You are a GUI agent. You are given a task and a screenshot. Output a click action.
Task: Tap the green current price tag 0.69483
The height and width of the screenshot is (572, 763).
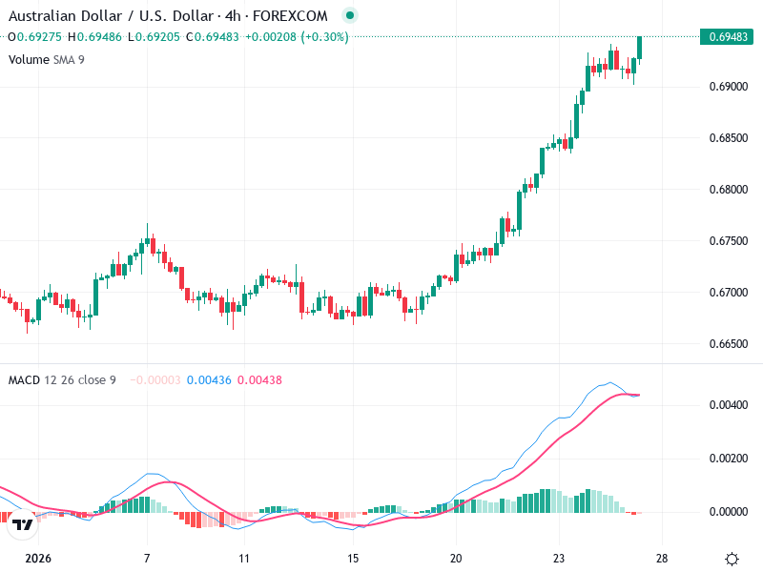[729, 37]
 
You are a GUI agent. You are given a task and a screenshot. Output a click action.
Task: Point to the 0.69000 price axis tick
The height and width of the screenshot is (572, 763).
[729, 87]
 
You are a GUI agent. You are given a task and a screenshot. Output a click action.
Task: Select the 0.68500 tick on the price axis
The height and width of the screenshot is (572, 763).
[729, 138]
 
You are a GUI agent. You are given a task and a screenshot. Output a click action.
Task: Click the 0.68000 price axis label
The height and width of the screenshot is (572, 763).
[729, 190]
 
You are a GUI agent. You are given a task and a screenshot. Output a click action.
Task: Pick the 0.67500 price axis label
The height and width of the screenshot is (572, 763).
[729, 241]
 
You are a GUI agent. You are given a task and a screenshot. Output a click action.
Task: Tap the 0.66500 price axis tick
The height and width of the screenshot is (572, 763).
[729, 343]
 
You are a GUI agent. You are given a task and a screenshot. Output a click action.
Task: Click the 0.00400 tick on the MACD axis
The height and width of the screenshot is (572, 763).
[729, 405]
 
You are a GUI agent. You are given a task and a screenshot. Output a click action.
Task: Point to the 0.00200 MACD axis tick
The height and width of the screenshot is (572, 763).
[729, 459]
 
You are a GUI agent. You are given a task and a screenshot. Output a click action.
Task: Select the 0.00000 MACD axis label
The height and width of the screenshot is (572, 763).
[729, 512]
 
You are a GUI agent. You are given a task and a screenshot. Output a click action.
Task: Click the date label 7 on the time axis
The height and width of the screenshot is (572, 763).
[147, 559]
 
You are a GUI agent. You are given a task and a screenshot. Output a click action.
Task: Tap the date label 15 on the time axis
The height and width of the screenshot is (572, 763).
[353, 559]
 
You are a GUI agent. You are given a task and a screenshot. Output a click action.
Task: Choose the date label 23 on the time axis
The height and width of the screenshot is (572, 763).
[560, 559]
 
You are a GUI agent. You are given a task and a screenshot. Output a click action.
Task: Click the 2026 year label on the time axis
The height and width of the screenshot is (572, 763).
[38, 559]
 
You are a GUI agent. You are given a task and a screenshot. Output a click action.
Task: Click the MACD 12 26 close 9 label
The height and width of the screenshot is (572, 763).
[62, 380]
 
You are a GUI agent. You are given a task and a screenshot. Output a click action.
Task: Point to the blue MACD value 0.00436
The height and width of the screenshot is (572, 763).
[208, 380]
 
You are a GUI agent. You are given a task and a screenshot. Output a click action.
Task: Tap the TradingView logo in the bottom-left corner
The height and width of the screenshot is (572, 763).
[24, 524]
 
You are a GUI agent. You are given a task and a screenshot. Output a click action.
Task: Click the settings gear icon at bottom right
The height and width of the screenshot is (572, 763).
[732, 559]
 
